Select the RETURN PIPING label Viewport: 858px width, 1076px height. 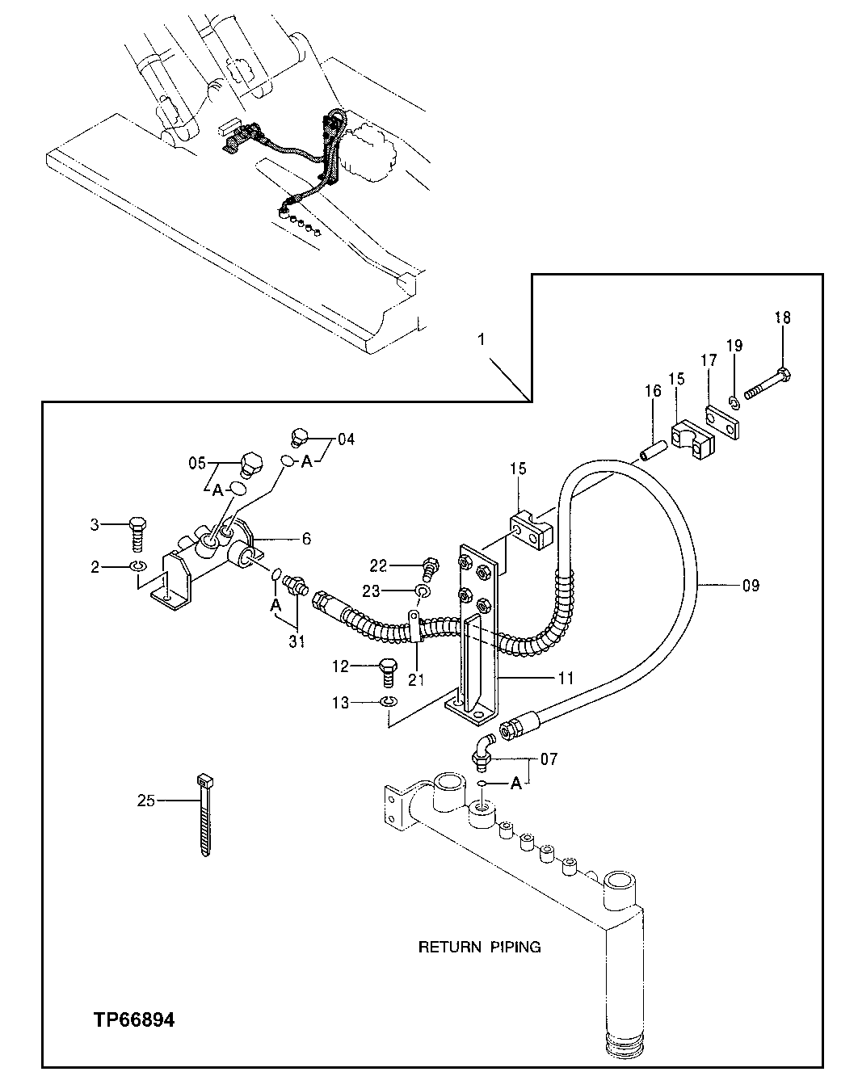coord(479,947)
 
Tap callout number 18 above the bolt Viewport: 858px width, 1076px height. coord(782,317)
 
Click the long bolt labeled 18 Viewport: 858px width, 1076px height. coord(766,384)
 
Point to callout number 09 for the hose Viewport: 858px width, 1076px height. coord(750,585)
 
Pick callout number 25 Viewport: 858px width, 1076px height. coord(146,801)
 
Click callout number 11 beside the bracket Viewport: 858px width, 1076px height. coord(566,679)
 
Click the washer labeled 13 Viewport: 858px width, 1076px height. coord(389,702)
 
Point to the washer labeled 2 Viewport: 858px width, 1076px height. coord(137,568)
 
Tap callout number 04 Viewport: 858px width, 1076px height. coord(346,439)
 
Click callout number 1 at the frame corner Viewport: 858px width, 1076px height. coord(481,340)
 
